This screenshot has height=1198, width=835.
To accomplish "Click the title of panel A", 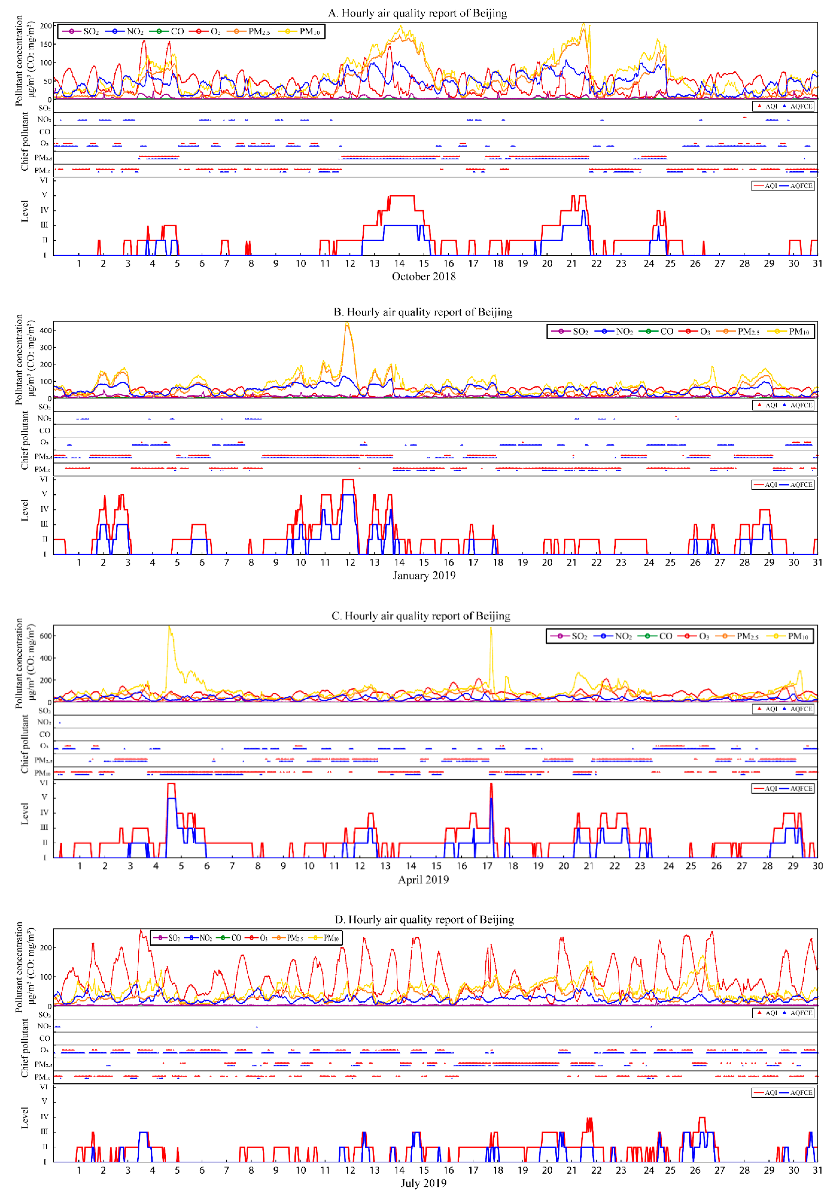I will pyautogui.click(x=417, y=13).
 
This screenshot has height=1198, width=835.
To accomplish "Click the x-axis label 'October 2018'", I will pyautogui.click(x=424, y=277).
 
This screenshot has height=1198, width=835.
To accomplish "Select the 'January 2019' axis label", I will pyautogui.click(x=424, y=576).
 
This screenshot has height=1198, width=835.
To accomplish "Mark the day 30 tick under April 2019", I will pyautogui.click(x=817, y=866).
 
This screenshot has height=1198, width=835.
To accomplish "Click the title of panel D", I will pyautogui.click(x=424, y=919).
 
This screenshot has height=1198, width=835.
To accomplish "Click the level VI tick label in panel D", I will pyautogui.click(x=44, y=1087).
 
